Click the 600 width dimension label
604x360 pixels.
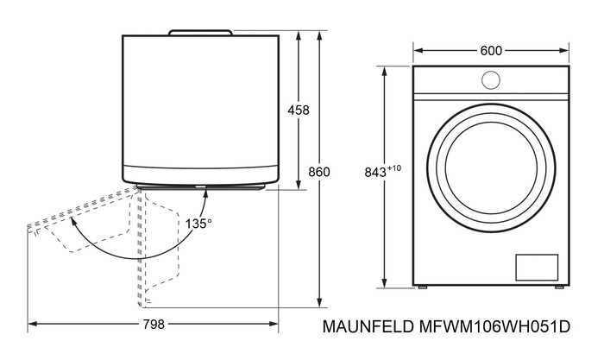tap(491, 51)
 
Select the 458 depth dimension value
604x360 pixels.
tap(299, 110)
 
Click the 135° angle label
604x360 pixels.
tap(198, 222)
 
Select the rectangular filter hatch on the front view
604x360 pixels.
tap(537, 267)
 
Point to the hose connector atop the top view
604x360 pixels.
tap(200, 32)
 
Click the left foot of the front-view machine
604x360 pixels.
tap(423, 286)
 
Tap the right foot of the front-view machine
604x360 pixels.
tap(560, 286)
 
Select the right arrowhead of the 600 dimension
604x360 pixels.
tap(564, 51)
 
